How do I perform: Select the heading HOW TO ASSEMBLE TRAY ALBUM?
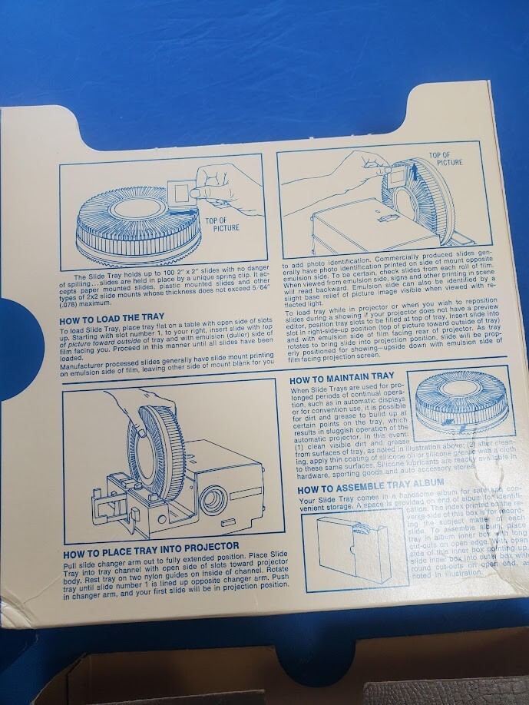click(370, 488)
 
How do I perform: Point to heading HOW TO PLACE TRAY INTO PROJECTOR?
click(150, 545)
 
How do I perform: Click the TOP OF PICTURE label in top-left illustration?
click(223, 223)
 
